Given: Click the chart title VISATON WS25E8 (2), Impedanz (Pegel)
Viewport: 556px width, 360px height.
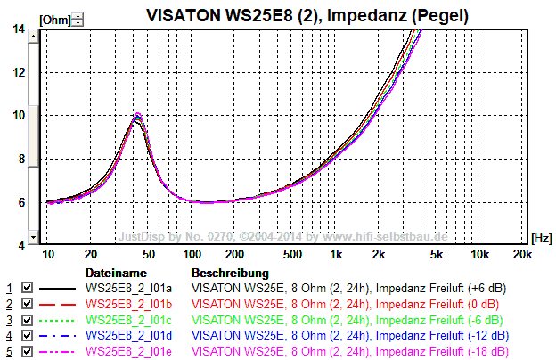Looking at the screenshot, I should pos(308,15).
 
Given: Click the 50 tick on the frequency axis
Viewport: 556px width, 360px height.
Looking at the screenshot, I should pos(148,255).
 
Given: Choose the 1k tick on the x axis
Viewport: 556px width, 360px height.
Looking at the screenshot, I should pos(335,255).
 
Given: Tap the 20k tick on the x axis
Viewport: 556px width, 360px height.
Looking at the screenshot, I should pos(522,255).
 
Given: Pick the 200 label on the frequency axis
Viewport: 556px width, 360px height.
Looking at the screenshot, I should pos(234,255).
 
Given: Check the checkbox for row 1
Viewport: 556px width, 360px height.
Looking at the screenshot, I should pos(27,289).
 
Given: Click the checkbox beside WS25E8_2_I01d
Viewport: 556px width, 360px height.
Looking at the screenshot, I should pos(27,336).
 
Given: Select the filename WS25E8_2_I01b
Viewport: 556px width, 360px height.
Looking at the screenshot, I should pos(130,305).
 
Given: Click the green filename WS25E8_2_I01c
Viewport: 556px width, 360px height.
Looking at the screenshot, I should pos(130,320).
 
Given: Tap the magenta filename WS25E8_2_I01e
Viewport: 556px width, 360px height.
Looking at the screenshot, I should pos(130,352).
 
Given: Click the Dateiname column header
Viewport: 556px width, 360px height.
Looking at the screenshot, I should pos(116,273).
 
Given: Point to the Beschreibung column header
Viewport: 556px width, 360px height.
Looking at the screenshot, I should pos(230,273).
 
